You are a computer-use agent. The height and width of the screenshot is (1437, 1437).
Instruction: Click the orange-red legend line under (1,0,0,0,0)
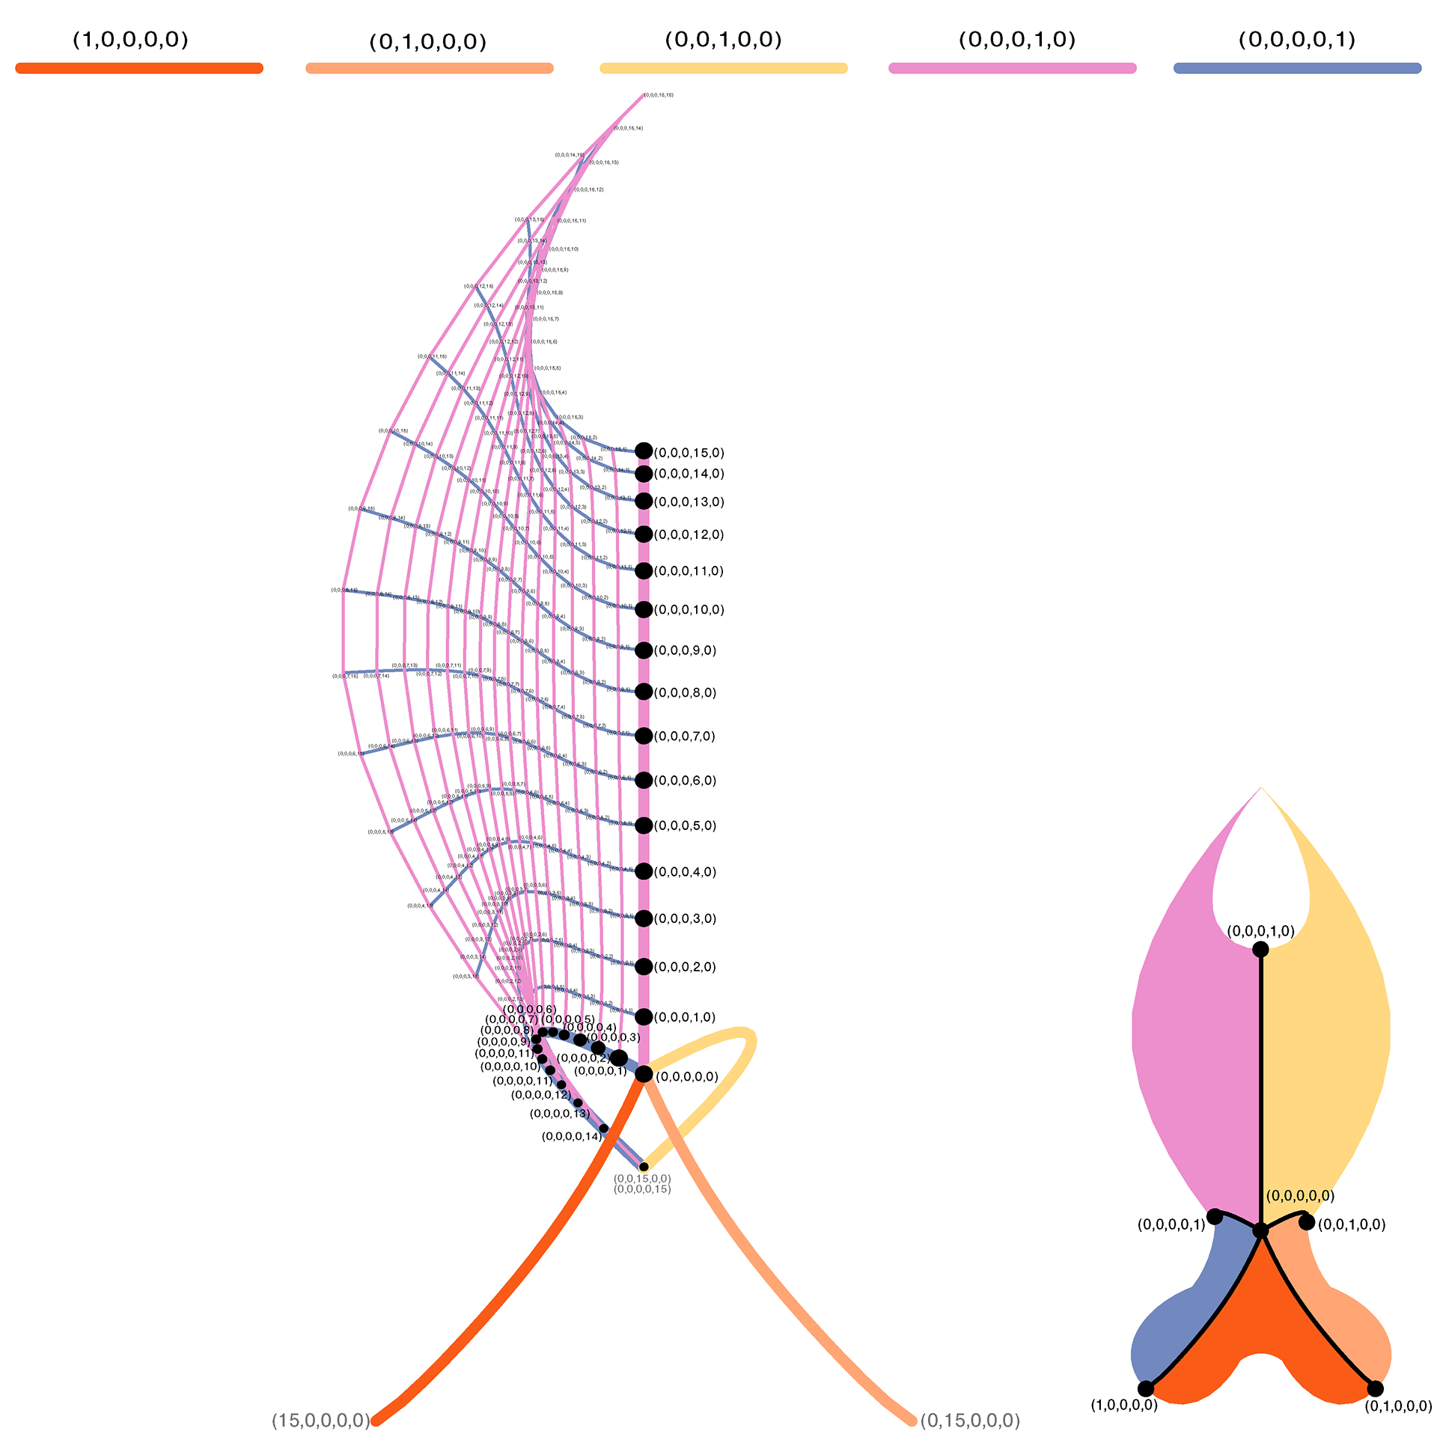pos(139,68)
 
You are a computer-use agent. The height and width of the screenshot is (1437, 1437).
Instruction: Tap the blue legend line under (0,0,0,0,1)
pos(1297,68)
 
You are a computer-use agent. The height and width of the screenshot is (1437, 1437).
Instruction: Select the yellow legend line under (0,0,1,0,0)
pos(723,68)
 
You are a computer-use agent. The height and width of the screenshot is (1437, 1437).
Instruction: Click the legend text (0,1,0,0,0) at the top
pos(427,41)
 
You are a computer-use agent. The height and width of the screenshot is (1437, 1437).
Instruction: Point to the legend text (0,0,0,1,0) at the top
pos(1016,40)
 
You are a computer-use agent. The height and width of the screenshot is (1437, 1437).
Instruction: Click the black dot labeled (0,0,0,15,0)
pos(644,451)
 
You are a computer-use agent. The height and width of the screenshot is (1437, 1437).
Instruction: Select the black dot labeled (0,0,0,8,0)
pos(644,692)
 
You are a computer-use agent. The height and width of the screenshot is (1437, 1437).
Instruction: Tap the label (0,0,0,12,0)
pos(689,534)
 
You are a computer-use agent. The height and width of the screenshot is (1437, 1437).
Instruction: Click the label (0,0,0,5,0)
pos(685,826)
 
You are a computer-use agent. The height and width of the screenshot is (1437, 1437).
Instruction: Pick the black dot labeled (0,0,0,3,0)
pos(644,918)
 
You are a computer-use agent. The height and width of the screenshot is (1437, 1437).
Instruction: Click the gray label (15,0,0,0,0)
pos(320,1421)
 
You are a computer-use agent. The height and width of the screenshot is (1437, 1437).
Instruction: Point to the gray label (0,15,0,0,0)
pos(970,1421)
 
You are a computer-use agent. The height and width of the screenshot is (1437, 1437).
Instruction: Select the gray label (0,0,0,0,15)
pos(642,1189)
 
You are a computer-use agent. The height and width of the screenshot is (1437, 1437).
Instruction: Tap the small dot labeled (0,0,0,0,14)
pos(604,1129)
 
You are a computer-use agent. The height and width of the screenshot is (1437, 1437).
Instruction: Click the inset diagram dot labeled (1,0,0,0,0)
pos(1146,1389)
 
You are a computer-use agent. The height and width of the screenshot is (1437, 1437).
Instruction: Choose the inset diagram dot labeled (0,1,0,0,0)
pos(1376,1389)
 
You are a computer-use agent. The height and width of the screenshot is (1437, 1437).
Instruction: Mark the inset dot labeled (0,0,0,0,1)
pos(1215,1217)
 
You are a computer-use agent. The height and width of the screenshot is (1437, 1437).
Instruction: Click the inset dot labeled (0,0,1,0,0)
pos(1307,1222)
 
